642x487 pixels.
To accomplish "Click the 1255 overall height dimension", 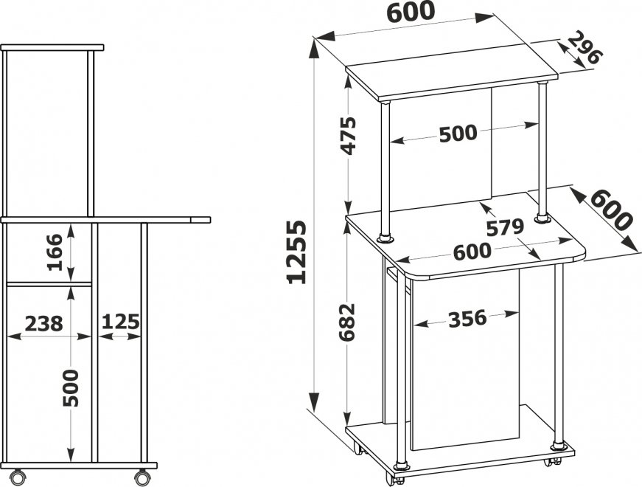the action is coord(297,252).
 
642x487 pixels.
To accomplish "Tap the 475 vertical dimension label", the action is coord(349,136).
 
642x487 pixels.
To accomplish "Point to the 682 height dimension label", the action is coord(348,322).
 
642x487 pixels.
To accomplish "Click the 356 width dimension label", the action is coord(467,319).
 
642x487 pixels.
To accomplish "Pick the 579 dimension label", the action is coord(505,227).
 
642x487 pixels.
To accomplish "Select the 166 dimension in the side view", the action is coord(55,252).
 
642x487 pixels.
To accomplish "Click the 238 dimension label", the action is coord(44,324).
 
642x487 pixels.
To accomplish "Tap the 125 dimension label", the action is coord(121,322).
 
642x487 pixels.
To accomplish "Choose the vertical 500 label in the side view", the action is coord(71,388).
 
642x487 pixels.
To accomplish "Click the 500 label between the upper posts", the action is coord(458,134).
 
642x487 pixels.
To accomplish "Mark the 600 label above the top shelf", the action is coord(411,12).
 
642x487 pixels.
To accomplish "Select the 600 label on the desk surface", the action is coord(472,252).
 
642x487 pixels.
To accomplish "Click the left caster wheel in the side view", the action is coord(18,477).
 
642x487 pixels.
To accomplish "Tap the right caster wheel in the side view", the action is coord(142,477).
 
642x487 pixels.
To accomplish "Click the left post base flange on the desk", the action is coord(385,238).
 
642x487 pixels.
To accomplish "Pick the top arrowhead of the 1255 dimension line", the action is coord(314,49).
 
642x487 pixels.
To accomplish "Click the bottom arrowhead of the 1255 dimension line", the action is coord(314,402).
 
